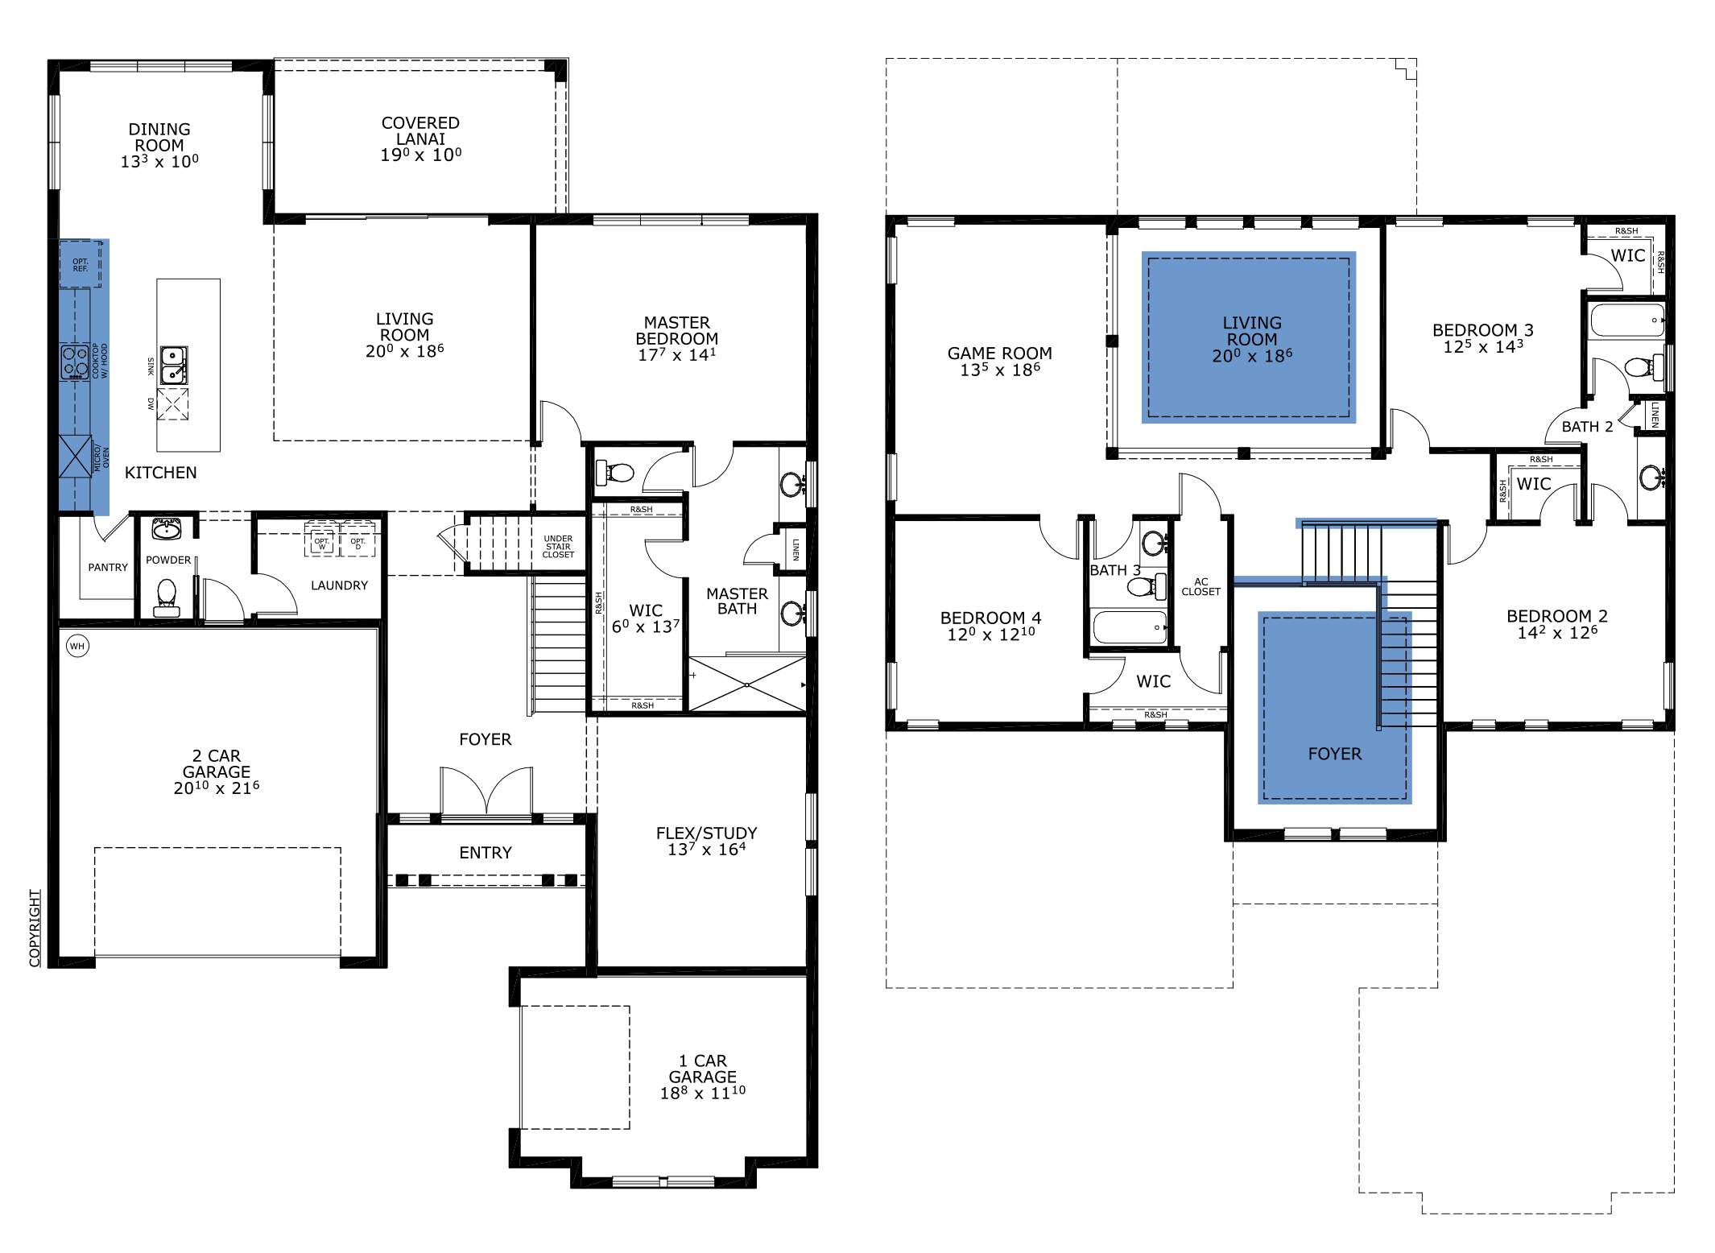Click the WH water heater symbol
(77, 646)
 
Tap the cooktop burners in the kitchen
(75, 362)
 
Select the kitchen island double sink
(173, 365)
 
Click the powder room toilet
(167, 596)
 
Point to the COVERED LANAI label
(420, 130)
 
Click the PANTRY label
(108, 568)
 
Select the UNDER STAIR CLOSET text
(558, 547)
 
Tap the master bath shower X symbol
(747, 684)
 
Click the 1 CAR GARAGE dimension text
(702, 1094)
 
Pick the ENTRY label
(485, 853)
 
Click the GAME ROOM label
(999, 354)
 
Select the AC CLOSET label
(1200, 586)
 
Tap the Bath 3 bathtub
(1130, 627)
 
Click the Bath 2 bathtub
(1626, 320)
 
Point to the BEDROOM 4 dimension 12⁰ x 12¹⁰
(990, 635)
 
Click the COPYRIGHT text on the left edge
(35, 928)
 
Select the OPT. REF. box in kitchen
(81, 264)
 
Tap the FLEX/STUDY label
(706, 833)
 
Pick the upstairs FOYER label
(1334, 755)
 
